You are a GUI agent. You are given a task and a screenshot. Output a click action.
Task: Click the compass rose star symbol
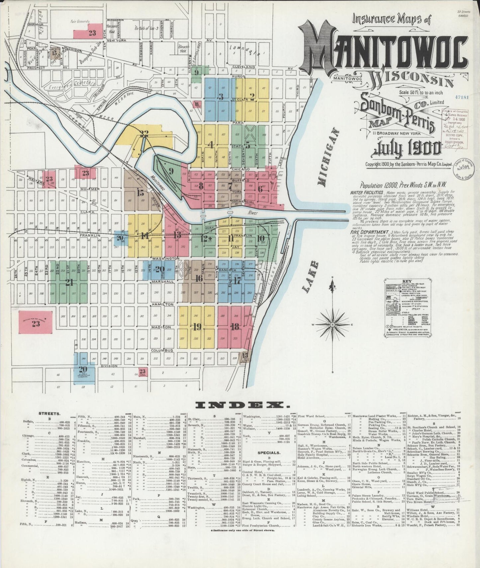coord(333,324)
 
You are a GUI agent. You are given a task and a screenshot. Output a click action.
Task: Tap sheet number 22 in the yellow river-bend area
coord(144,134)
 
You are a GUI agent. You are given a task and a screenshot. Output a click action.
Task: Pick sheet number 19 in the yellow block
coord(197,327)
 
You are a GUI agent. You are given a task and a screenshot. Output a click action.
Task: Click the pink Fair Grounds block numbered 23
coord(92,33)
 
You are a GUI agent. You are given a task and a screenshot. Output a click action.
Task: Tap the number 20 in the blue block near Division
coord(83,369)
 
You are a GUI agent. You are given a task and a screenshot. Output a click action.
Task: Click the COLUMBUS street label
coord(162,350)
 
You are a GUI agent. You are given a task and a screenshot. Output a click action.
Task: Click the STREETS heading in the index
coord(49,414)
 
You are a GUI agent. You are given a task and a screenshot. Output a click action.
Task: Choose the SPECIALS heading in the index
coord(269,453)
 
